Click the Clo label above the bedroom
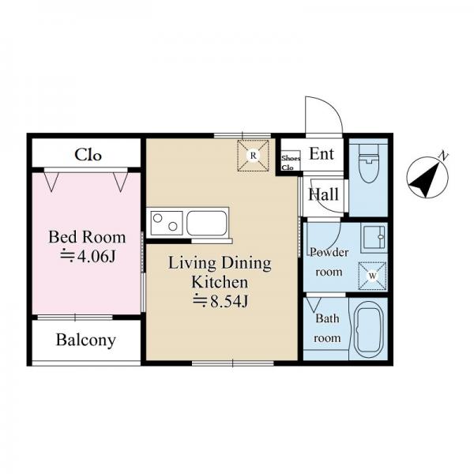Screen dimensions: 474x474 click(x=88, y=155)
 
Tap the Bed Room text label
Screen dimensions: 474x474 click(x=87, y=237)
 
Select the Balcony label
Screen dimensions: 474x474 click(x=86, y=340)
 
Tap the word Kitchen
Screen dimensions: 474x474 click(x=220, y=282)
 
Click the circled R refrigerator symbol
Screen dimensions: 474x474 click(x=253, y=156)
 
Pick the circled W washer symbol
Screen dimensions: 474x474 click(x=372, y=276)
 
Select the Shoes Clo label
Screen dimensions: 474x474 click(x=291, y=163)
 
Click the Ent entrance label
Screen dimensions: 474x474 click(x=322, y=154)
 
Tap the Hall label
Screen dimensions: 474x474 click(x=323, y=194)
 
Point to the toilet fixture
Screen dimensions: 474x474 click(x=369, y=164)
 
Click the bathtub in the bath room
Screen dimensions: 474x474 click(x=369, y=329)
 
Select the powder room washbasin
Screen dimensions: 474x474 click(x=374, y=238)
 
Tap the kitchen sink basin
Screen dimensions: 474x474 click(x=207, y=223)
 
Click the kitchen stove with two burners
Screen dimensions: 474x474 click(x=165, y=223)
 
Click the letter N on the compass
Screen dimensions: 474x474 click(x=443, y=156)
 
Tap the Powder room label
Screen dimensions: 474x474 click(x=329, y=261)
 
